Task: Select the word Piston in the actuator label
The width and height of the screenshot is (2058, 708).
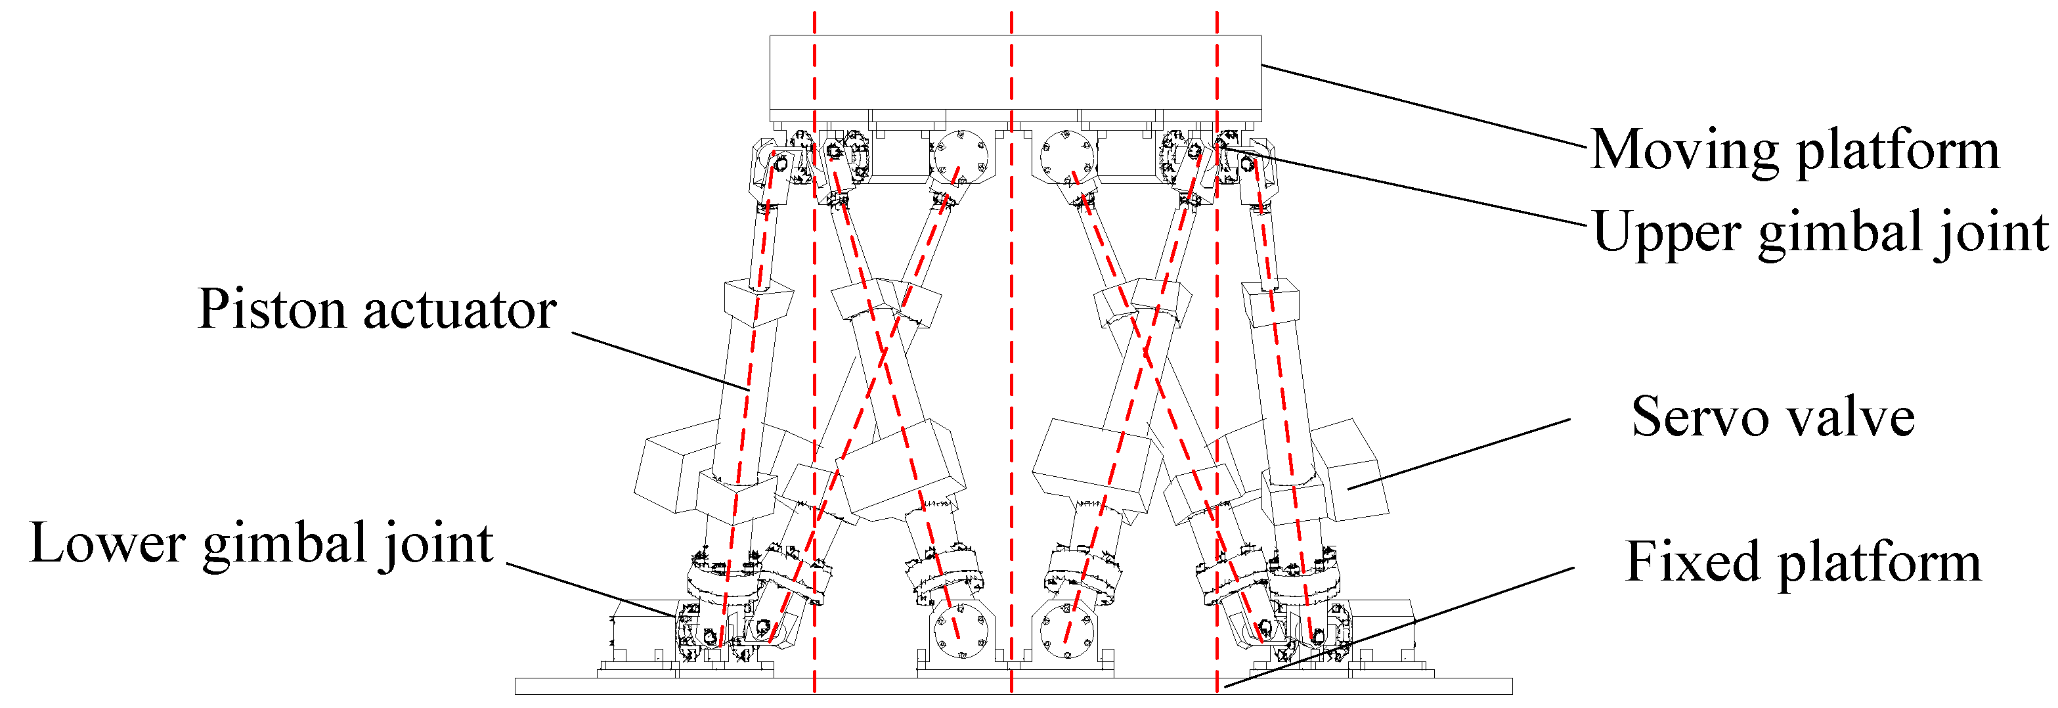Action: click(273, 309)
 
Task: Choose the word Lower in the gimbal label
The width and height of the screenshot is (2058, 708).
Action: click(107, 543)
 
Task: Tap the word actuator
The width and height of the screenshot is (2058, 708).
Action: click(460, 311)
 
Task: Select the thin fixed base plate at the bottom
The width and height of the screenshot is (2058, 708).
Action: click(879, 686)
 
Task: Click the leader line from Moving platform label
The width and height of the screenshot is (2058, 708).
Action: click(1422, 106)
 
